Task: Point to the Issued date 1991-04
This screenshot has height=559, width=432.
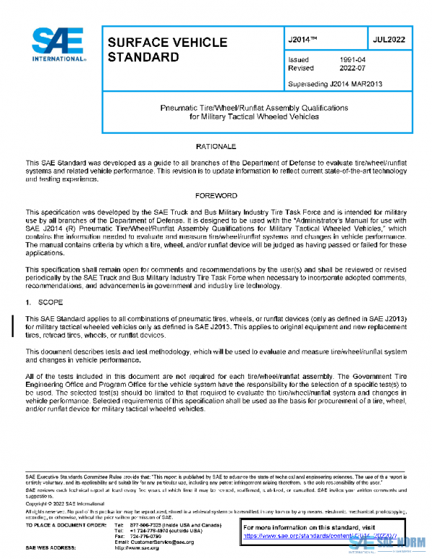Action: click(351, 60)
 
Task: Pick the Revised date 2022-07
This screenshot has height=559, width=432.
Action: click(351, 68)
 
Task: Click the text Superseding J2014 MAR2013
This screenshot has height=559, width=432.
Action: click(335, 84)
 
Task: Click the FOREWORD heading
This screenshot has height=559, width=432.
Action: click(215, 195)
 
